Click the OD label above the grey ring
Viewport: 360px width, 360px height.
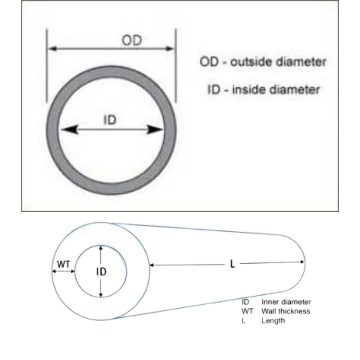(x=132, y=40)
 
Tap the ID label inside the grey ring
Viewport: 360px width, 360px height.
(x=110, y=120)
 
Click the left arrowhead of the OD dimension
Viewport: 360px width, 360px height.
(x=53, y=49)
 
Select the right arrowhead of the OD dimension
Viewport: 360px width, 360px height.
(x=170, y=49)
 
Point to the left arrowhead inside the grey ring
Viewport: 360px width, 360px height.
(x=70, y=130)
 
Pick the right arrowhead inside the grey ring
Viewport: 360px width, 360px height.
(x=155, y=130)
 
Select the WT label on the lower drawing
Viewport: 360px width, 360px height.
(x=63, y=265)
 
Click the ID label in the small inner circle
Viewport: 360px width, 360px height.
(x=101, y=272)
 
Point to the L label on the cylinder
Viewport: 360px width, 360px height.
(x=232, y=264)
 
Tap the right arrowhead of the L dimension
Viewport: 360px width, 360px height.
(x=302, y=262)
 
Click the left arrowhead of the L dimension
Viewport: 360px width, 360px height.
(x=152, y=265)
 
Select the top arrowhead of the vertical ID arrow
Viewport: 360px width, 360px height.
(x=100, y=248)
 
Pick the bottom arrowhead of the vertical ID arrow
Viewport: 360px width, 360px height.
(x=100, y=295)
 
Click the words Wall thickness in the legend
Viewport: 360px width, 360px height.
(x=286, y=311)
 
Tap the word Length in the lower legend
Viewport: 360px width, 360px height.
(x=273, y=321)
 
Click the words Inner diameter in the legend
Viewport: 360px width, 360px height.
(x=286, y=302)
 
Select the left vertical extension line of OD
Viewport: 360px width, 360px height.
(x=47, y=66)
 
